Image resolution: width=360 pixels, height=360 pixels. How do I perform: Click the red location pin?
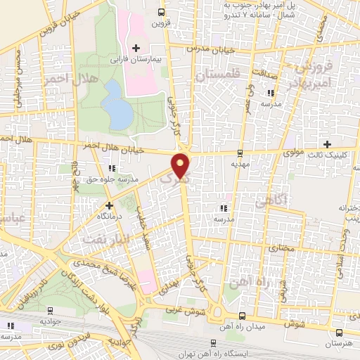coord(181,165)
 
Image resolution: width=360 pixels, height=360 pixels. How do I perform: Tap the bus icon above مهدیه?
coord(240,153)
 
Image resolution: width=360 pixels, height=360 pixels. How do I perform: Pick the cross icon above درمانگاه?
coord(109,206)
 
